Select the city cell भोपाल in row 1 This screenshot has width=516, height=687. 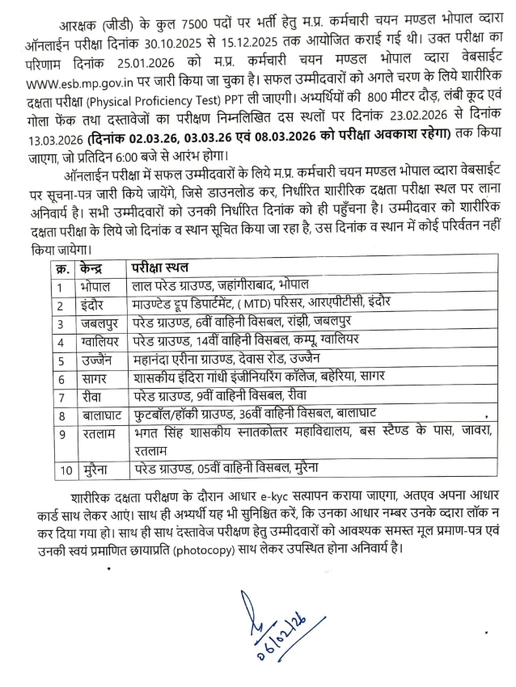pos(96,286)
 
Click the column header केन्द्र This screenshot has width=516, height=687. pos(95,268)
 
